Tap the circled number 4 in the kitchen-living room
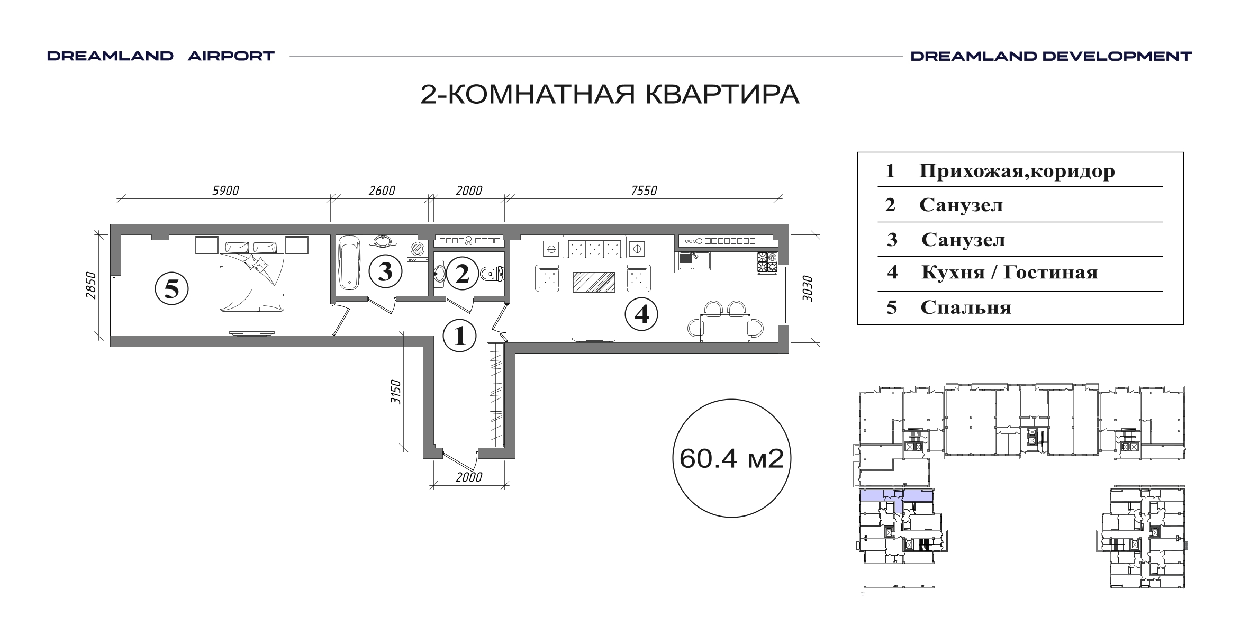641,315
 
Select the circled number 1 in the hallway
460,336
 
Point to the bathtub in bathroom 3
350,262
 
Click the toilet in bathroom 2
492,274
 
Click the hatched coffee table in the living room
594,282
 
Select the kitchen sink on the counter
694,261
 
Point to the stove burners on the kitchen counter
767,262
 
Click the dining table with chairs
726,323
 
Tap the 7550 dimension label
644,191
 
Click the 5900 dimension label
226,191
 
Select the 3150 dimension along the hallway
396,392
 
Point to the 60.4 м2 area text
731,459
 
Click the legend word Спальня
966,307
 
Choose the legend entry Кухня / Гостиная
1010,273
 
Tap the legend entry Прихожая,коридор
1017,171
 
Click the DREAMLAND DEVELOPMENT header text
1051,56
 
